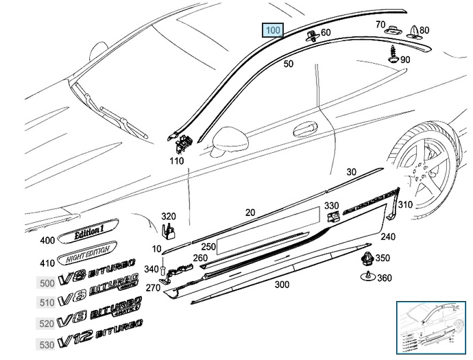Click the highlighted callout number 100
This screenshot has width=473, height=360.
(273, 30)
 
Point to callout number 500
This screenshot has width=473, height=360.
(47, 283)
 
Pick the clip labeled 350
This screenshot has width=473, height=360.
(365, 259)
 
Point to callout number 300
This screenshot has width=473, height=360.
(280, 284)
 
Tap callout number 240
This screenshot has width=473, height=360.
(388, 237)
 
